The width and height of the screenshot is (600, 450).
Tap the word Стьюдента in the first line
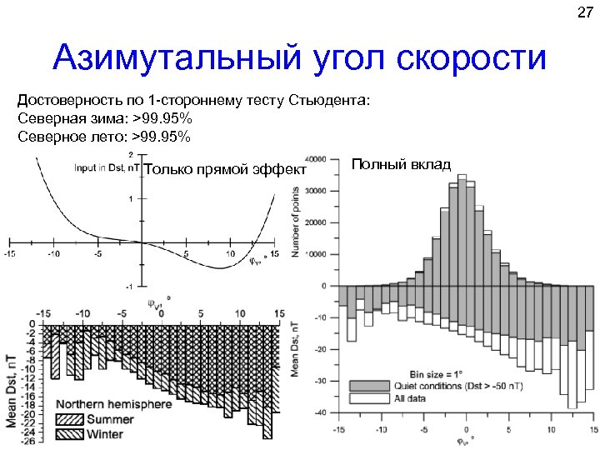point(328,101)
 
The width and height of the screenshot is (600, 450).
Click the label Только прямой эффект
point(226,171)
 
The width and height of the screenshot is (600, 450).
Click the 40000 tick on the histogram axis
point(316,159)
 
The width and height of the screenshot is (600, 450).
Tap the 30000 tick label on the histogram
point(316,191)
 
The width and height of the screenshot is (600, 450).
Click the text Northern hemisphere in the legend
point(114,405)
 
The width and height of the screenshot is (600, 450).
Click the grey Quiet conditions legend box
point(363,387)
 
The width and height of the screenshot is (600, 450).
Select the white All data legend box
point(363,399)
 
